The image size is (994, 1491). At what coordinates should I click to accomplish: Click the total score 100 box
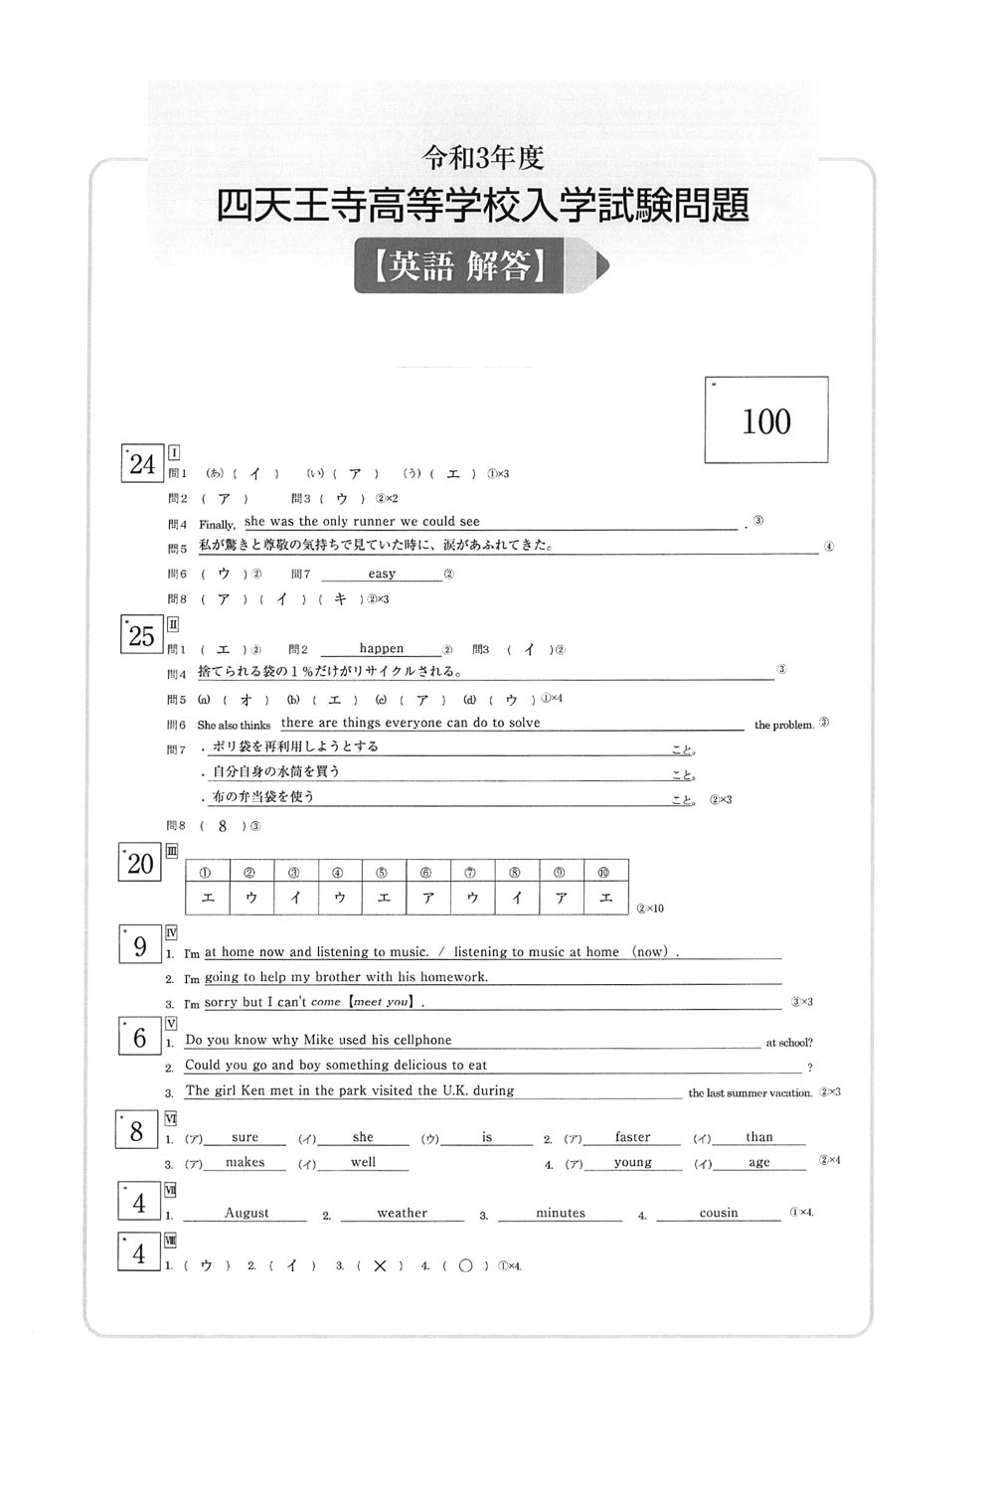click(765, 419)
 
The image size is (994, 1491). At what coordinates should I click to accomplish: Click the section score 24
click(142, 464)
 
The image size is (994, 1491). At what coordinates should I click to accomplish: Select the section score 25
click(142, 636)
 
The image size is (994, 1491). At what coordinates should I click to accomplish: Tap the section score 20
click(140, 864)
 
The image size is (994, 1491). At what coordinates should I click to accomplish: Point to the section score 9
click(139, 946)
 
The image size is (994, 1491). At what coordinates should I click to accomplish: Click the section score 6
click(139, 1039)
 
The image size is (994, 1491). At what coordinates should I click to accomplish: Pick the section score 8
click(137, 1130)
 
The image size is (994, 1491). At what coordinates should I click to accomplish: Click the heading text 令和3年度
click(483, 157)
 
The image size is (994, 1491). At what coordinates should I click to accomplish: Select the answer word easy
click(382, 574)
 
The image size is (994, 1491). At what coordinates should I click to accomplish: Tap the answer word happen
click(382, 648)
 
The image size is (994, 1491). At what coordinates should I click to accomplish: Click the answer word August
click(247, 1213)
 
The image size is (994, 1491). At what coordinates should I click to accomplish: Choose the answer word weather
click(402, 1213)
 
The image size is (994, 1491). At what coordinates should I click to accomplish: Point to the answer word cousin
click(719, 1213)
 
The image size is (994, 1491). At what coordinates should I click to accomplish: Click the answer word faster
click(632, 1137)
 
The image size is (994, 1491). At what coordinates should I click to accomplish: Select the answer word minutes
click(561, 1213)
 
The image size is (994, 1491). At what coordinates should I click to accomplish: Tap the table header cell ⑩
click(605, 873)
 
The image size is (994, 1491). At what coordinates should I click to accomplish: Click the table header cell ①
click(207, 873)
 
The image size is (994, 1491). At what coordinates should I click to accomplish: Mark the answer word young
click(632, 1162)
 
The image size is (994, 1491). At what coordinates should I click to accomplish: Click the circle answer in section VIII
click(464, 1265)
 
